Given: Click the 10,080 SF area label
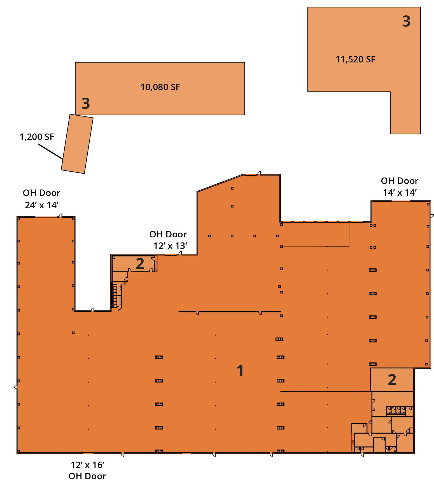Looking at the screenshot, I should (160, 87).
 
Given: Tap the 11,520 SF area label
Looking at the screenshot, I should (355, 59).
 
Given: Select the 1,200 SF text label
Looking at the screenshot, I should (37, 137).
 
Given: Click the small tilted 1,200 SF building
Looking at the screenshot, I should (77, 144).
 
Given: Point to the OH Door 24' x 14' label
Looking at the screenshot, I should (41, 199).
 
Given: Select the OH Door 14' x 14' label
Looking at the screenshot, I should (400, 186).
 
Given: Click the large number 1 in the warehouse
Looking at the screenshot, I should (240, 370).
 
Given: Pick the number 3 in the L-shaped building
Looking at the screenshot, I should (406, 21).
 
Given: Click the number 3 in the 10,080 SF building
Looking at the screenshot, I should (86, 104).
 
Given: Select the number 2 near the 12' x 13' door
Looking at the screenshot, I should (140, 264).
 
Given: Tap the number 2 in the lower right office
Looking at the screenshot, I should (392, 380).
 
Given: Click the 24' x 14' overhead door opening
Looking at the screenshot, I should (46, 217).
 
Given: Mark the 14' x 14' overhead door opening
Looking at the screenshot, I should (400, 201).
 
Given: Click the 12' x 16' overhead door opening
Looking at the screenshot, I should (88, 453).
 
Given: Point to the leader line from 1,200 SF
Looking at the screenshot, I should (50, 151).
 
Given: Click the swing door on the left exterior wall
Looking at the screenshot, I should (16, 387).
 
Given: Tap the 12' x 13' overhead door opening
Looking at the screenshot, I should (170, 254).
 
